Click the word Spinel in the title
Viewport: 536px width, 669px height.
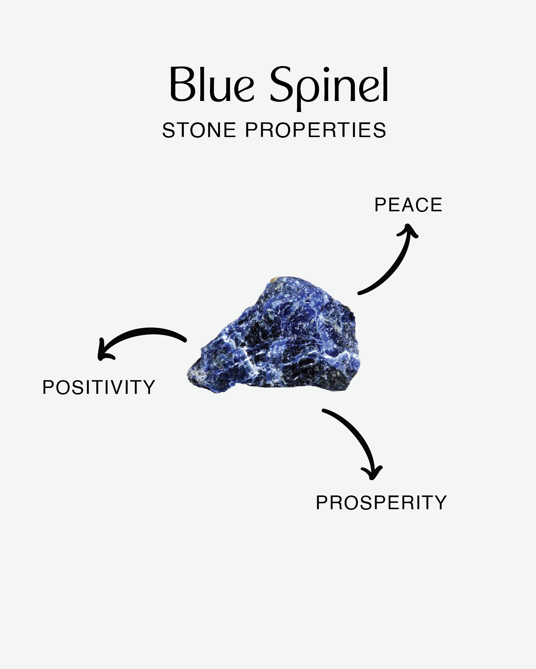coord(329,88)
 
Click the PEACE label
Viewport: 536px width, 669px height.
coord(408,205)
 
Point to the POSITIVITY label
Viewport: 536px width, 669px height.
coord(99,387)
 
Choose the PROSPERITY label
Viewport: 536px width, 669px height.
coord(381,503)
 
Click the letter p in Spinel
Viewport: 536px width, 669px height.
coord(308,92)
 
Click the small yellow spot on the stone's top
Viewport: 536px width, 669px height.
coord(274,278)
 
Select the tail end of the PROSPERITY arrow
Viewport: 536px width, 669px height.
coord(323,410)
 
